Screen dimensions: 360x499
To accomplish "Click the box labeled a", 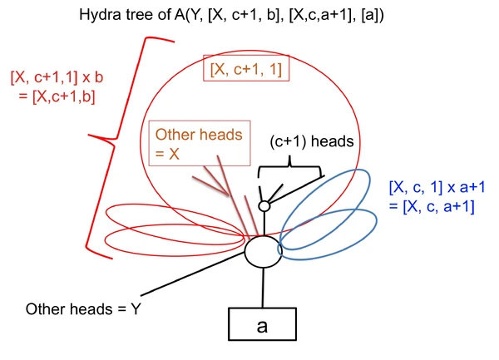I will click(x=263, y=324).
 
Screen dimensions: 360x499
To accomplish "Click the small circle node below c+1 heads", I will click(x=264, y=205).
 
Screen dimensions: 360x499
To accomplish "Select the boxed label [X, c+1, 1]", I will click(x=246, y=69).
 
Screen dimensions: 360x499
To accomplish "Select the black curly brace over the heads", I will click(x=289, y=171).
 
